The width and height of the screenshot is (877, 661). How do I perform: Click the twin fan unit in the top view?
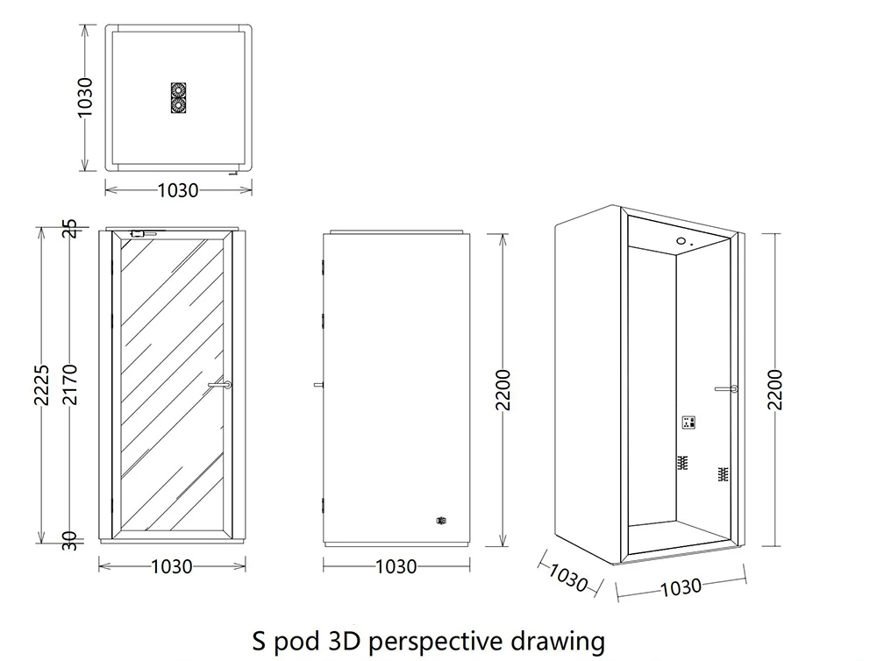click(x=179, y=98)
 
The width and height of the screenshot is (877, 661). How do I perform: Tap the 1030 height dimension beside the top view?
click(x=85, y=98)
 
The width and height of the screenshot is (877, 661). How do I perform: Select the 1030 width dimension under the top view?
click(x=178, y=189)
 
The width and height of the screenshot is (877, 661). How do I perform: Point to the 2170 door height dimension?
click(x=72, y=384)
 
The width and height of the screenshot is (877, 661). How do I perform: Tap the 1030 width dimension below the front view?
click(x=172, y=566)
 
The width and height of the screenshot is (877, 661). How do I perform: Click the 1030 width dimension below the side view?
click(x=396, y=566)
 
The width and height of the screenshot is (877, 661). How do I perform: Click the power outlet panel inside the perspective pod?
click(x=689, y=423)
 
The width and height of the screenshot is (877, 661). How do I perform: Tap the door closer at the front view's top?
click(x=143, y=234)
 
